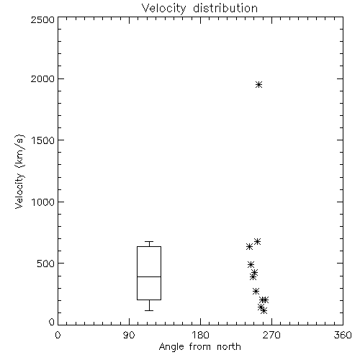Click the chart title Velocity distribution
199,8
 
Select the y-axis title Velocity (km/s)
19,171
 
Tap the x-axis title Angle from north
199,347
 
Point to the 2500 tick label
42,19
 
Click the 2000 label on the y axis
42,78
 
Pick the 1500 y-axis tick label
43,140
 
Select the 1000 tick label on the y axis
43,202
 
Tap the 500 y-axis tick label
45,264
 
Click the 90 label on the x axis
129,335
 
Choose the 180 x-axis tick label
200,335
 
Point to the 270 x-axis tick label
271,335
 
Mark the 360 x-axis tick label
343,335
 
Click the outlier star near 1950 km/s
258,84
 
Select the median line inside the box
149,276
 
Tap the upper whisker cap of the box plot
149,241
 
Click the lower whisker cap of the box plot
149,310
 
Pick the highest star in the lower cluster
257,241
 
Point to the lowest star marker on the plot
264,311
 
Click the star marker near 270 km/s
256,292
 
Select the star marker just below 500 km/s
251,265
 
